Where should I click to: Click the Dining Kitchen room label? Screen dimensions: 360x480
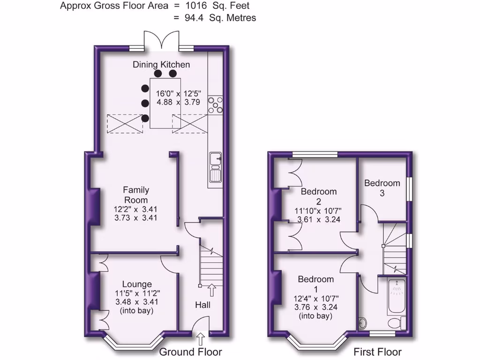click(x=161, y=65)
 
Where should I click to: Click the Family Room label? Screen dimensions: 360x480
click(x=136, y=195)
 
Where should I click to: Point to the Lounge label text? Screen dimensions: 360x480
click(x=137, y=284)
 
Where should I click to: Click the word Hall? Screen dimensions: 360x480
click(x=202, y=305)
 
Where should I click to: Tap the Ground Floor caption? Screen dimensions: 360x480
click(x=191, y=352)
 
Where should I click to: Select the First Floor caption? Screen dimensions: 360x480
click(x=377, y=352)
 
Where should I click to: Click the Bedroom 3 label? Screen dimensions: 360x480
click(x=382, y=187)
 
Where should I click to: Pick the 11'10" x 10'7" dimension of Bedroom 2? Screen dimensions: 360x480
click(x=319, y=210)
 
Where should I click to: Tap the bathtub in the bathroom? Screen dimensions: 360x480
click(x=397, y=297)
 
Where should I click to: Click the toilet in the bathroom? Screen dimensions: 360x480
click(x=397, y=322)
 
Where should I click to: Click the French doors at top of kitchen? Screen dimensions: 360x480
click(x=161, y=40)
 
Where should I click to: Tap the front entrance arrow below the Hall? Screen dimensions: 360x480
click(x=202, y=338)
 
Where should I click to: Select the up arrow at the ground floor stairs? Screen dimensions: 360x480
click(x=211, y=290)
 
